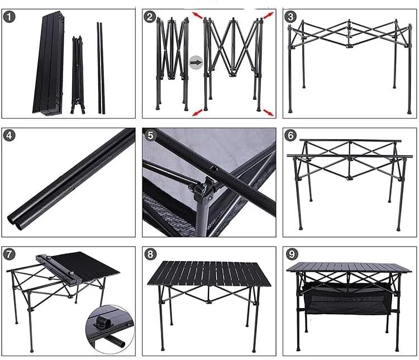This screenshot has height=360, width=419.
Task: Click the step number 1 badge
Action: (9, 17)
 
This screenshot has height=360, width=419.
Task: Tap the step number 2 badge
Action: (149, 17)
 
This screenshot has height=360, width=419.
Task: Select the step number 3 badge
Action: (290, 17)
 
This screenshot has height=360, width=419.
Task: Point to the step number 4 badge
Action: (9, 136)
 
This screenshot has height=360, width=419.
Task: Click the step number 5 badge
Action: (149, 136)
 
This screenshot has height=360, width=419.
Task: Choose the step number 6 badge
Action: (290, 136)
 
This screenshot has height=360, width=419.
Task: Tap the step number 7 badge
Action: (9, 254)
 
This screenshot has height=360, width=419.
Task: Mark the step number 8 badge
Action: (149, 254)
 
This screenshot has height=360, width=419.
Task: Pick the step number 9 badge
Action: (290, 254)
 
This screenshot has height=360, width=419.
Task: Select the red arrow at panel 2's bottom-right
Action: (268, 113)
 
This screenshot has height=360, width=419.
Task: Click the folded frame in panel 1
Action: (77, 75)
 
